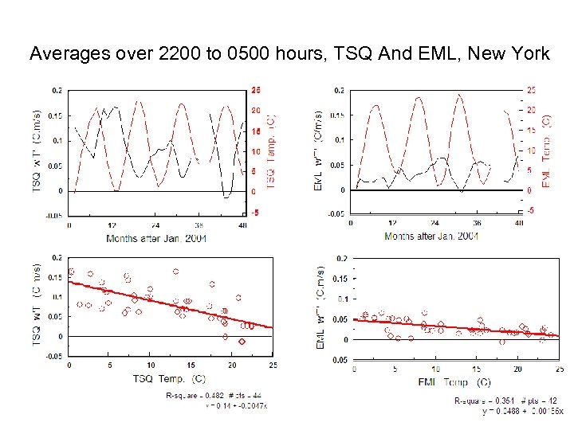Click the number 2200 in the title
183,54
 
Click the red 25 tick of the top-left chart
255,89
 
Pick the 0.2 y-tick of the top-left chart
56,90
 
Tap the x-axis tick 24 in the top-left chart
156,225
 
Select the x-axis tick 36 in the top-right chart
477,224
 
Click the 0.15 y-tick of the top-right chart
337,115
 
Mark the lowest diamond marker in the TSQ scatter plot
242,342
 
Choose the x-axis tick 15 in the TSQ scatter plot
191,365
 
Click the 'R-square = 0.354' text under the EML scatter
478,401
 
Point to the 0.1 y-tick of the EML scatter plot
340,299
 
